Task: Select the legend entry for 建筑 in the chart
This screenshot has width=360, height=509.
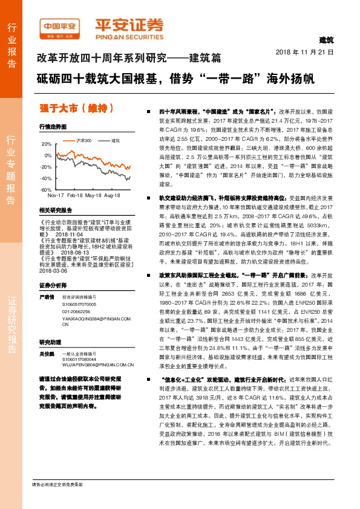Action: point(115,140)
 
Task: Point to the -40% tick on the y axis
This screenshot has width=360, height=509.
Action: point(45,178)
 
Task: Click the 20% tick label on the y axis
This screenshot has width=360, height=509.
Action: point(47,144)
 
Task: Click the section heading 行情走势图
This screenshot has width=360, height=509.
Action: point(52,127)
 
